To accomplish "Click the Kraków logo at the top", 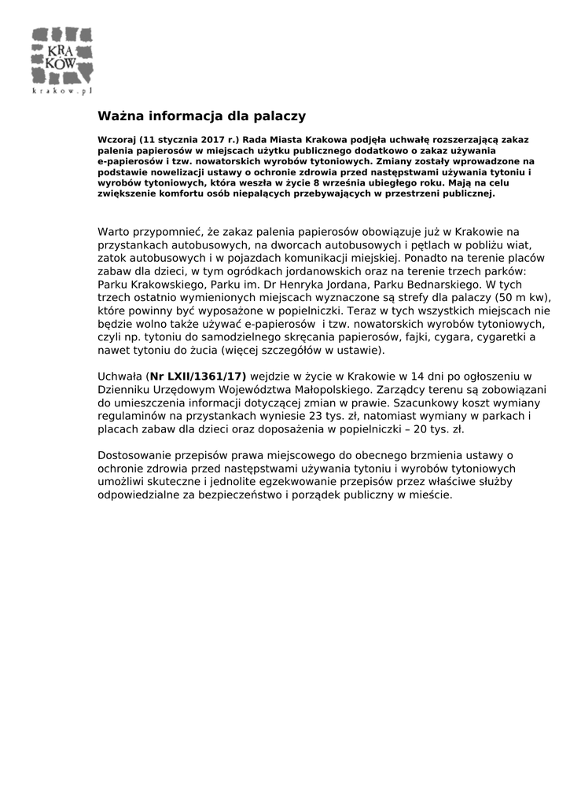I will (x=61, y=56).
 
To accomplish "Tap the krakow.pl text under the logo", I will (x=62, y=91).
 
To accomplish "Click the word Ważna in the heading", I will (x=119, y=116).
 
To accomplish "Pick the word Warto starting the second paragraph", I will (x=114, y=232).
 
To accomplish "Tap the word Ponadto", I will (x=425, y=256).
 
